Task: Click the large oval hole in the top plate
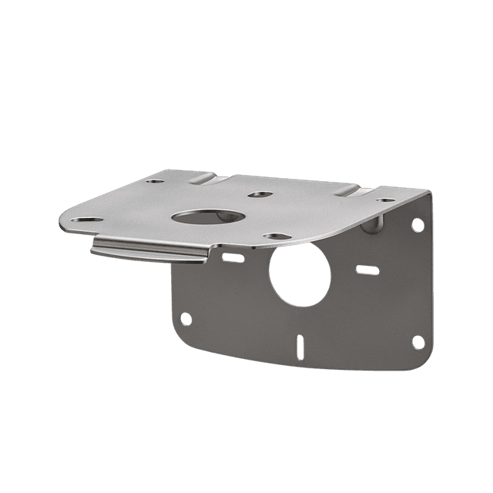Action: (x=207, y=217)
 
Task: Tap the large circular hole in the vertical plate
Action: (x=300, y=275)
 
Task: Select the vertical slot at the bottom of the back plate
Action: (x=300, y=347)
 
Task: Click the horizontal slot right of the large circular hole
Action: (x=367, y=270)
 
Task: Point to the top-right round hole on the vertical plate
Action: (x=417, y=225)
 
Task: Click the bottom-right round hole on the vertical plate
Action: (x=417, y=341)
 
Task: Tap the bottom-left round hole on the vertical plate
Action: (x=185, y=318)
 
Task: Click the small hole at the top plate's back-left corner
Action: (x=155, y=182)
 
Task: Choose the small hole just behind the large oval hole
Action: (x=260, y=194)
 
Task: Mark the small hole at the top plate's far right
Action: (x=386, y=200)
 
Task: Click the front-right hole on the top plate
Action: (x=277, y=236)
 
